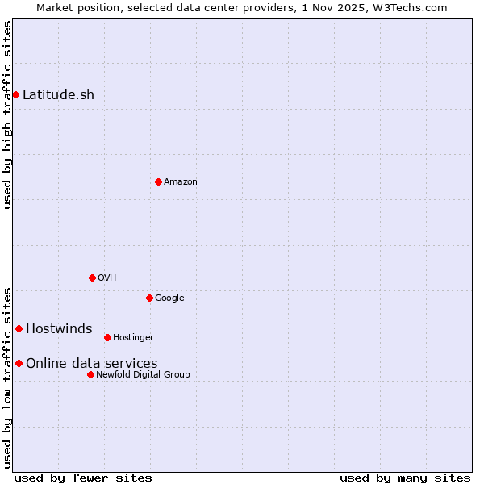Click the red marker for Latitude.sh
point(15,95)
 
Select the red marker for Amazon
point(158,181)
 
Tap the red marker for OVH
point(92,277)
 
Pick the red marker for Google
point(149,298)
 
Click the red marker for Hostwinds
point(19,328)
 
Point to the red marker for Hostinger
point(107,337)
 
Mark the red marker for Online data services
point(19,363)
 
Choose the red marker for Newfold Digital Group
point(90,374)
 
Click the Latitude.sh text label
point(58,95)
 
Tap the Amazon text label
point(180,182)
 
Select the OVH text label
point(106,278)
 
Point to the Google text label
point(169,298)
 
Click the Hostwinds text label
point(59,329)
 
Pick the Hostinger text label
point(133,338)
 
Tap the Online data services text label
point(91,364)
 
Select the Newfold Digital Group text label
point(143,375)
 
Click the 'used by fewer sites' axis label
point(83,478)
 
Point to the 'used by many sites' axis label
point(405,478)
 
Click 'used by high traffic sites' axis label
point(7,115)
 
